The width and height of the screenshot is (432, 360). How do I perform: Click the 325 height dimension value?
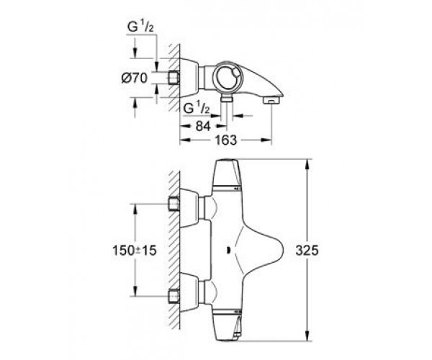(x=307, y=251)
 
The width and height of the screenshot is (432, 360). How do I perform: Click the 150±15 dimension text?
(x=134, y=251)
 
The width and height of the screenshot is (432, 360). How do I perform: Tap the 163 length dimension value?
(x=225, y=140)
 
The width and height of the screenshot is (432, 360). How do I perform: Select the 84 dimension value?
(x=203, y=126)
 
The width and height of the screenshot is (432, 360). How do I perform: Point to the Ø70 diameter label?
(x=135, y=78)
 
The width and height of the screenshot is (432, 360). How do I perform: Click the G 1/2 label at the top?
(x=140, y=27)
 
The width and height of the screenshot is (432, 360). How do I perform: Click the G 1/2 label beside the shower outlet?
(x=197, y=109)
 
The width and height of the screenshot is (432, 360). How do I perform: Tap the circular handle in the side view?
(x=228, y=78)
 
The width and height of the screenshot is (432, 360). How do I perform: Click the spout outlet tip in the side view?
(x=271, y=101)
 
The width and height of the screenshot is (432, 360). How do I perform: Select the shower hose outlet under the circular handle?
(x=227, y=97)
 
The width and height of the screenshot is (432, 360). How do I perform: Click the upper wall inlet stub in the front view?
(x=174, y=204)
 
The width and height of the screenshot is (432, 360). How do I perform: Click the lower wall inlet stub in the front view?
(x=174, y=297)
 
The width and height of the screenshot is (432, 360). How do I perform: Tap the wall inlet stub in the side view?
(x=174, y=78)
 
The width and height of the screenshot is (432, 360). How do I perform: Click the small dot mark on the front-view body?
(x=228, y=251)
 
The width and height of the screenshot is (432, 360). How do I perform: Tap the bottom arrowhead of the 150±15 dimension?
(x=135, y=292)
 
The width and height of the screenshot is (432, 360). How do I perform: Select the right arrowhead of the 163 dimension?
(x=266, y=140)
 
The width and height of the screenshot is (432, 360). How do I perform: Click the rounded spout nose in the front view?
(x=277, y=251)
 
